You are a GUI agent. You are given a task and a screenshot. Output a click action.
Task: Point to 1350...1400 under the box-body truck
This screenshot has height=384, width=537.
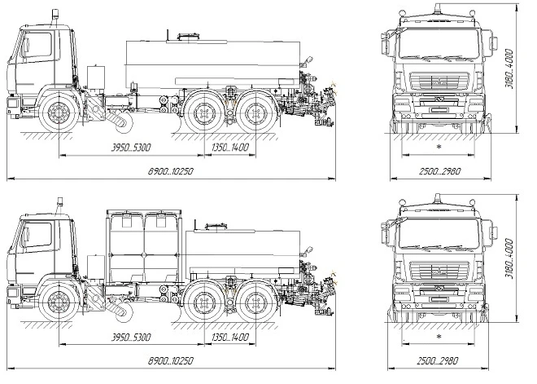(229, 338)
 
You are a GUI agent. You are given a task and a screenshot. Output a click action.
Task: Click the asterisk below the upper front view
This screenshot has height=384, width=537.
(439, 147)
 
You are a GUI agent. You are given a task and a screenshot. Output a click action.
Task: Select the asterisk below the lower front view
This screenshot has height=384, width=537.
(439, 337)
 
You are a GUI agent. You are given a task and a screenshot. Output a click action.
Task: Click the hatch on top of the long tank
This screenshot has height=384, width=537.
(188, 36)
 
